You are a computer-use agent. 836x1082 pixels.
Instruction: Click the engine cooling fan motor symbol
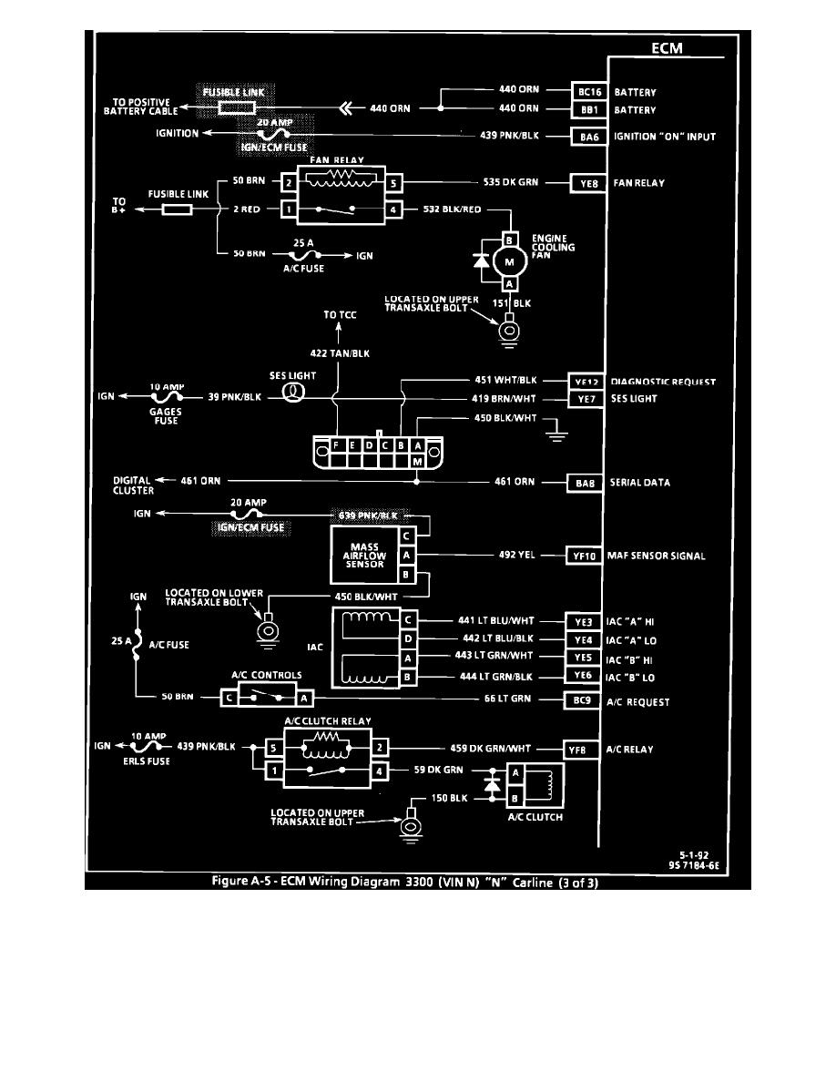509,262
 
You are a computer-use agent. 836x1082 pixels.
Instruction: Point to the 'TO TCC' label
340,315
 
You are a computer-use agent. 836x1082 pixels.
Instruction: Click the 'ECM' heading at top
666,48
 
